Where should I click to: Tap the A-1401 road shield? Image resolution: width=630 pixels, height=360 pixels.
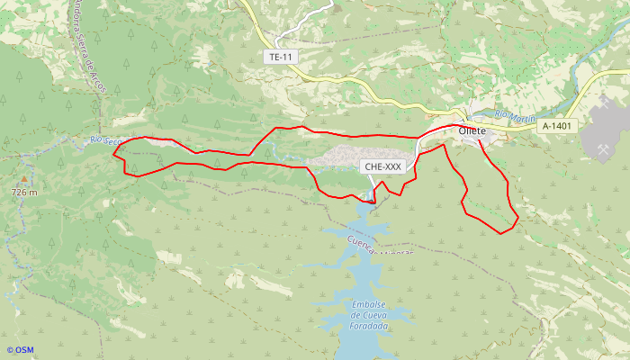pos(557,127)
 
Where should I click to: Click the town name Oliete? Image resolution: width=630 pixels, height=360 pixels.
pos(472,131)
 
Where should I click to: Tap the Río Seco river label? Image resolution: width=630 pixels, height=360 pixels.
pos(105,140)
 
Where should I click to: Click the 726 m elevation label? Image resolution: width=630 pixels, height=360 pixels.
pos(25,193)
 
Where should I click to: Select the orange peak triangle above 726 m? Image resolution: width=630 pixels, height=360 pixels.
pos(24,180)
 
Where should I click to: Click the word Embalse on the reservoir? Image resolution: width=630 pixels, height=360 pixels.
pos(369,304)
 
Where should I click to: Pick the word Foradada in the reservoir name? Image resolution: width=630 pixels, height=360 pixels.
pos(369,326)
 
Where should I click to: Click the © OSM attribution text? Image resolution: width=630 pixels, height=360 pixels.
pos(20,350)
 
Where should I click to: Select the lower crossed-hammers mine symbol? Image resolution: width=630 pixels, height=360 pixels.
pos(597,143)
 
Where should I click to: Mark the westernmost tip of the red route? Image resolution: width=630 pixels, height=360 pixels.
pos(112,154)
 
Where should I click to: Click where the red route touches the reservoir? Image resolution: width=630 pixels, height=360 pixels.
pos(372,202)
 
